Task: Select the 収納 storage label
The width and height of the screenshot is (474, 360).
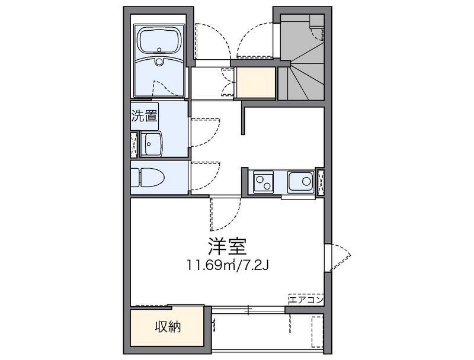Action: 168,326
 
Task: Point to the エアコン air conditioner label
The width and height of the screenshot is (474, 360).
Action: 306,300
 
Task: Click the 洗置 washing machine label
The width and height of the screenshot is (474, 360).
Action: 145,115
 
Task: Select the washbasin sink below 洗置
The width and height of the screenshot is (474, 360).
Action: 152,143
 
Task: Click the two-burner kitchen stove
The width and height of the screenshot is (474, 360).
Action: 262,182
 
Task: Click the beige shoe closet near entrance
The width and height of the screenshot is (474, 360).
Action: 256,82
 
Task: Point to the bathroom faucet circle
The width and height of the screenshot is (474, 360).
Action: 159,62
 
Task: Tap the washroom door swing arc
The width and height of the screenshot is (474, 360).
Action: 204,130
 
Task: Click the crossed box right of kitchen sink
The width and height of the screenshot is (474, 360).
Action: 321,182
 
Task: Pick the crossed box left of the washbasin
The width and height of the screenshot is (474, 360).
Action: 134,144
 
